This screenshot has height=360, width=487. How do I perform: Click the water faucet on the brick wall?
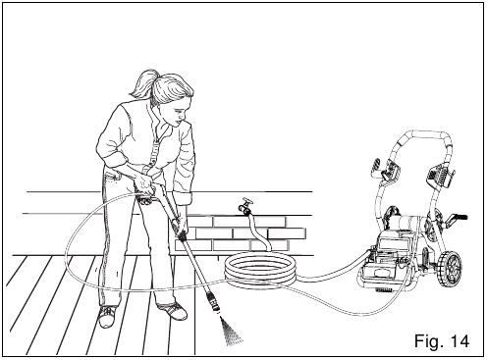243,209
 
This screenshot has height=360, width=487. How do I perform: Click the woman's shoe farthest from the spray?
106,315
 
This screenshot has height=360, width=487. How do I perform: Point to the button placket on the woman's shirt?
156,147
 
